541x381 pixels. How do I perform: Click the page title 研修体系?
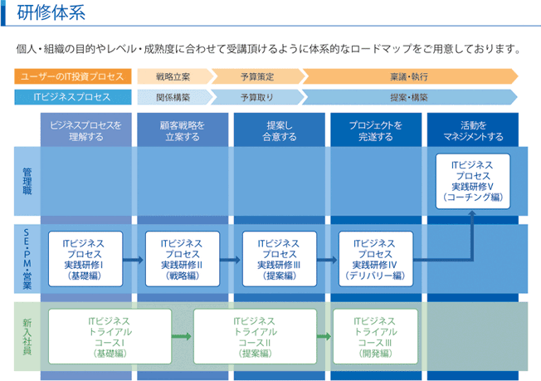pos(51,13)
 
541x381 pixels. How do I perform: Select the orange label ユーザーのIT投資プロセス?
pos(73,76)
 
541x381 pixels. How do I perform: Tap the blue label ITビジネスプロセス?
pos(73,97)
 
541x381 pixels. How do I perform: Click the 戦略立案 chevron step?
pos(175,76)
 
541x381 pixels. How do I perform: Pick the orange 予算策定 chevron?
pos(257,76)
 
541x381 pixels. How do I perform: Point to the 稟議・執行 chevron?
pos(410,76)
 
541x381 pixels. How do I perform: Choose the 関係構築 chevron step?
pos(175,97)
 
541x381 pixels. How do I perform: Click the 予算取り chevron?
pos(257,97)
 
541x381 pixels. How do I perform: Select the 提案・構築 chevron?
pos(410,97)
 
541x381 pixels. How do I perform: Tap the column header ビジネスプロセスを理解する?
pos(86,130)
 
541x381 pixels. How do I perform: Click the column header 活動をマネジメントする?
pos(473,130)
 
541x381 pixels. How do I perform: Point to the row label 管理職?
pos(27,181)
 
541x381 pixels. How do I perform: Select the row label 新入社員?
pos(27,336)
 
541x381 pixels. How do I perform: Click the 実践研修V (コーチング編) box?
pos(473,181)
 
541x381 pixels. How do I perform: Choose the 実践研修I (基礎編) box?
pos(85,259)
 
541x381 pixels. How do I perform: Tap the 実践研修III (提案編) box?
pos(280,259)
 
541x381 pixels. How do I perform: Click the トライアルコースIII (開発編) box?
pos(375,336)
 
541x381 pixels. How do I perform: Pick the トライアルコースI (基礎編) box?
pos(110,336)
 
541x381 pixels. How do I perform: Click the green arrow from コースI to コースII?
pos(182,336)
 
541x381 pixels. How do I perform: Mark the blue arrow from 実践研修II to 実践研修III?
pos(230,260)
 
